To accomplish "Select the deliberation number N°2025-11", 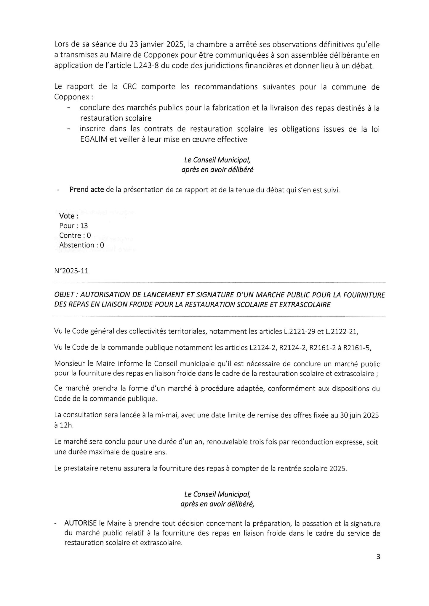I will [71, 271].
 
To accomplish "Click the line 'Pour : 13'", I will [73, 226].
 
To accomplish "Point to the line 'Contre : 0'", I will [75, 236].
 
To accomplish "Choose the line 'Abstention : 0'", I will [81, 245].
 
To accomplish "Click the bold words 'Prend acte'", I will [87, 190].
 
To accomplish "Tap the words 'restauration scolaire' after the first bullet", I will [116, 118].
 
